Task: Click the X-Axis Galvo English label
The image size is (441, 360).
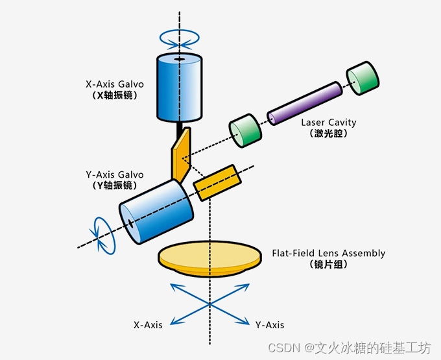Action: tap(115, 84)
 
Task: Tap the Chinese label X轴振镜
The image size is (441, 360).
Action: tap(115, 95)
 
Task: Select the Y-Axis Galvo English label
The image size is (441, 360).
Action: tap(115, 174)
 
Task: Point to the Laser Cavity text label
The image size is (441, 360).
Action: tap(329, 122)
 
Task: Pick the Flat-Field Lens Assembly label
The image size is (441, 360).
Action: tap(329, 253)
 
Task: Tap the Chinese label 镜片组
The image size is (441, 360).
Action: tap(329, 264)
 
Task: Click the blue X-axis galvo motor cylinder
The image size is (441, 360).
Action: tap(180, 88)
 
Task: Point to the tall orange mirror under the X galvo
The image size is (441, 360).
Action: tap(181, 154)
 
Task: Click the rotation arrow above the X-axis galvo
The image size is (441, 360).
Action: tap(180, 39)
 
